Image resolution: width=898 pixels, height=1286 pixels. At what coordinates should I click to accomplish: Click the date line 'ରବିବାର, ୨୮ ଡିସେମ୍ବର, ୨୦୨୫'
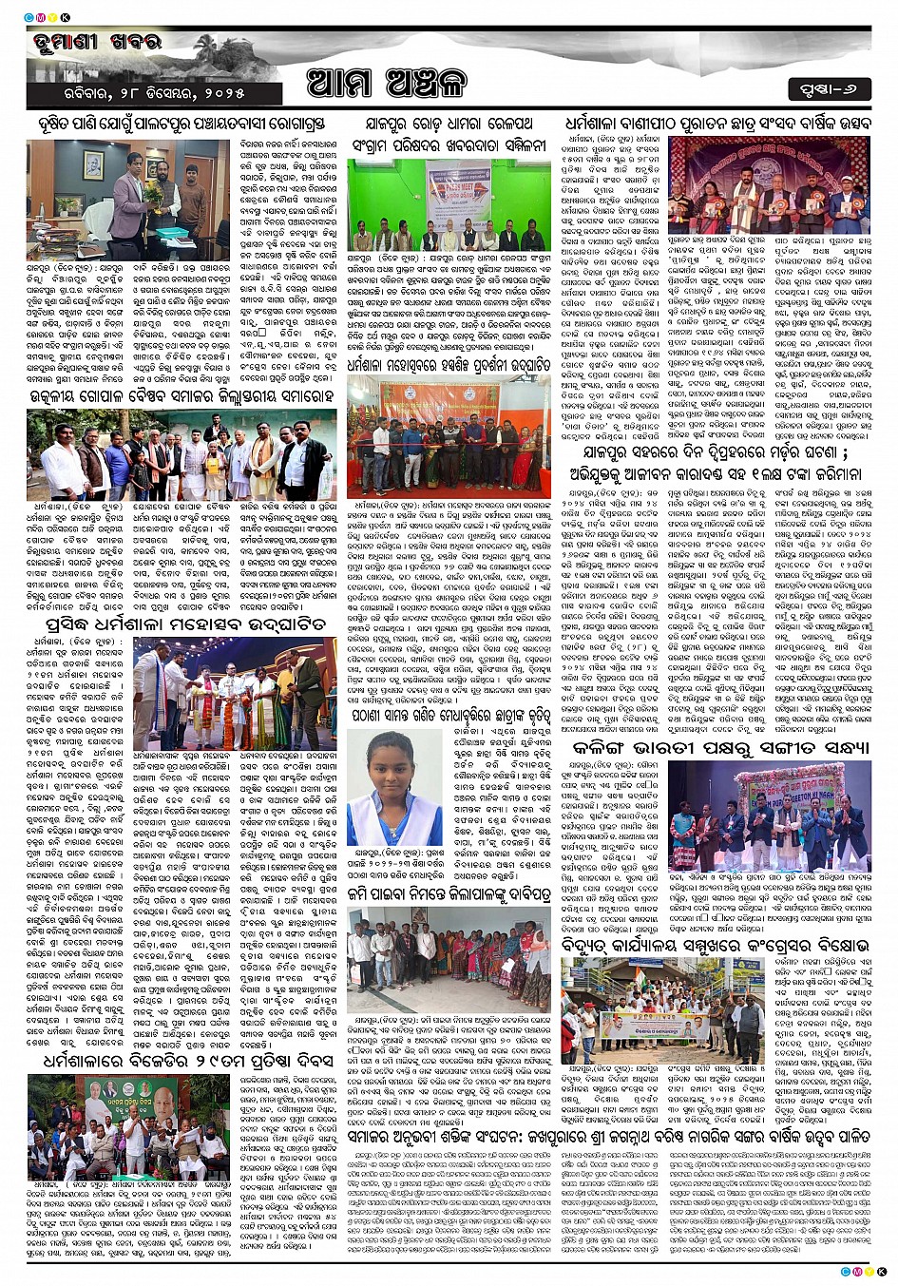pyautogui.click(x=136, y=93)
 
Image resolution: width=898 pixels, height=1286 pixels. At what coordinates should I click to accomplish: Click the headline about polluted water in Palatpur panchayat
pyautogui.click(x=182, y=124)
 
